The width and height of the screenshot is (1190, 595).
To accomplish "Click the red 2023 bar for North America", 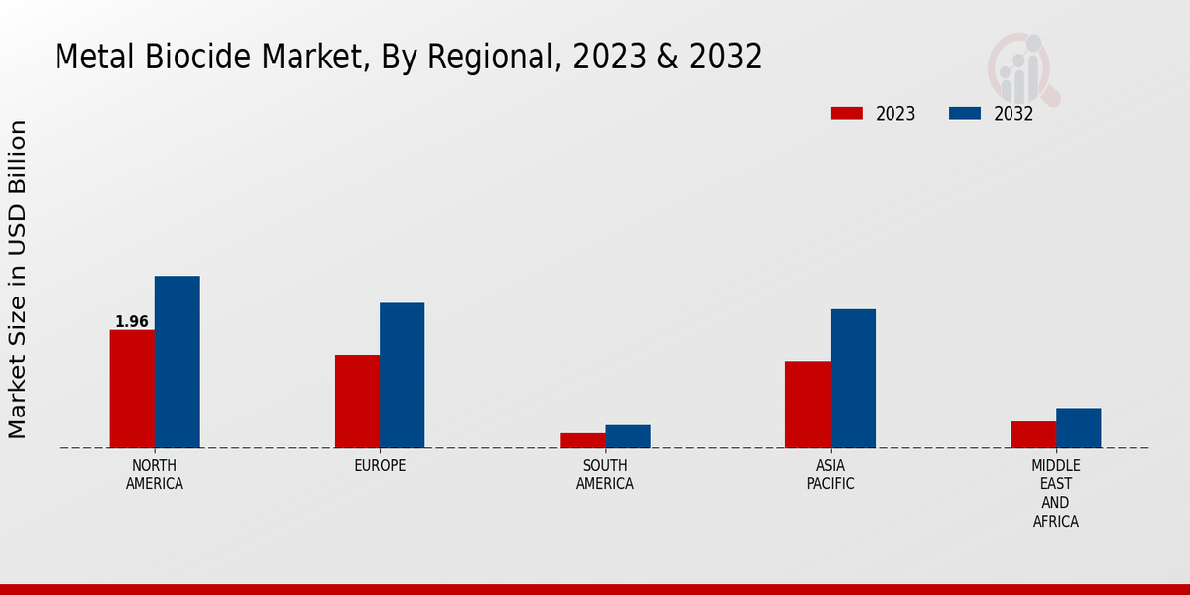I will tap(132, 389).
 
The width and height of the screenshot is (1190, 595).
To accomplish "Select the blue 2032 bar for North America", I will tap(177, 362).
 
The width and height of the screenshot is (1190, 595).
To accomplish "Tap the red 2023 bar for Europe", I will tap(357, 402).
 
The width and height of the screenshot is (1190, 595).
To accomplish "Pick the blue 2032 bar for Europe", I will tap(402, 375).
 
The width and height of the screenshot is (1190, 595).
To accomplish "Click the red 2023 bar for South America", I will tap(582, 440).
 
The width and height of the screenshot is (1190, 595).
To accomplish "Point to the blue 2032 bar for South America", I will tap(628, 436).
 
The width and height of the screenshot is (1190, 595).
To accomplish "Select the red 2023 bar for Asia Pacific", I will tap(807, 405).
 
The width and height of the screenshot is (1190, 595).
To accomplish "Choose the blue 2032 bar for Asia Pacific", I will tap(853, 379).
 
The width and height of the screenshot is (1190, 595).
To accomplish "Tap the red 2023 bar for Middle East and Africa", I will tap(1033, 434).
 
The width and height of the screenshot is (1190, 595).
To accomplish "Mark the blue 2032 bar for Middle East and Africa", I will tap(1078, 427).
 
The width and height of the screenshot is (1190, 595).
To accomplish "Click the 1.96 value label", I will tap(132, 322).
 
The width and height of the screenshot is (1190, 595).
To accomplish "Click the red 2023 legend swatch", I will tap(847, 113).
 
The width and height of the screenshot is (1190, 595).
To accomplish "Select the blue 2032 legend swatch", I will tap(965, 113).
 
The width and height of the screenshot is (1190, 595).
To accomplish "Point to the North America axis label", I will tap(155, 475).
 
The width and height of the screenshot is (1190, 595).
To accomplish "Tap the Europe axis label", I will tap(380, 466).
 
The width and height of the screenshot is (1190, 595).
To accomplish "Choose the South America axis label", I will tap(605, 475).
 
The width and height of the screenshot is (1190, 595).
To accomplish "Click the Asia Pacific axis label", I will tap(830, 475).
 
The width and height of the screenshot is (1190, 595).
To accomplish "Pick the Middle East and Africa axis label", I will tap(1056, 494).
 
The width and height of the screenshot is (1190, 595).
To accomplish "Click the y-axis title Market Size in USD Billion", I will tap(18, 280).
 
